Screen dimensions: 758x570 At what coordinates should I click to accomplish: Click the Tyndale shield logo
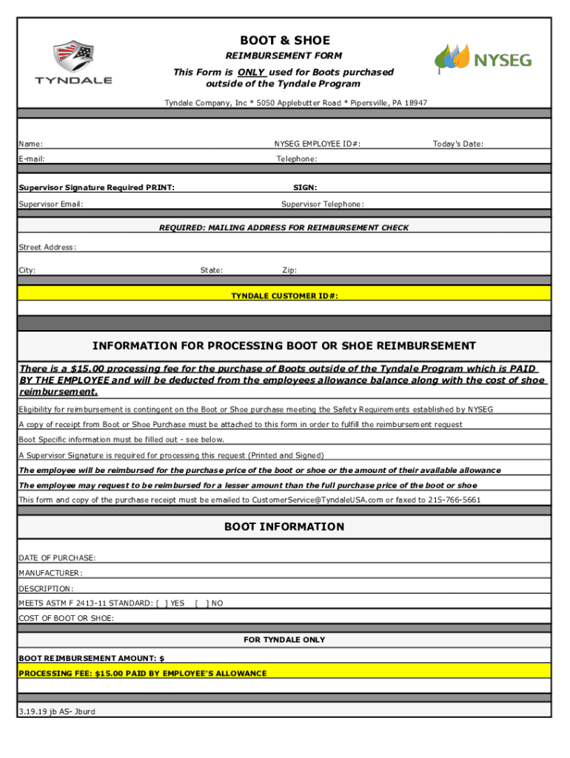pyautogui.click(x=73, y=54)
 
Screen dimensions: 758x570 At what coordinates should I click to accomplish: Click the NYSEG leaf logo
pyautogui.click(x=452, y=58)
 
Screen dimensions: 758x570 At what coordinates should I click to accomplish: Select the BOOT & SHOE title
pyautogui.click(x=284, y=40)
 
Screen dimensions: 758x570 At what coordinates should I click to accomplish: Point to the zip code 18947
pyautogui.click(x=414, y=103)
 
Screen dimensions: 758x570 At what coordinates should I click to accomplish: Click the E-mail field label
pyautogui.click(x=32, y=158)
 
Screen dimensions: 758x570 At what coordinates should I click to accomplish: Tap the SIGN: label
pyautogui.click(x=305, y=187)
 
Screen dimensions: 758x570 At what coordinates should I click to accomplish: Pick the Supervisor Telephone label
pyautogui.click(x=323, y=204)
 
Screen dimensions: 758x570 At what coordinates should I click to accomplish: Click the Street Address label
pyautogui.click(x=47, y=247)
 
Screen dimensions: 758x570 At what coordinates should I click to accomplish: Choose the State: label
pyautogui.click(x=212, y=270)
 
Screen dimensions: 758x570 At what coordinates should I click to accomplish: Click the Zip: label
pyautogui.click(x=289, y=270)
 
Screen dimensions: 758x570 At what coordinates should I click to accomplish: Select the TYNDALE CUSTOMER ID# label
pyautogui.click(x=284, y=295)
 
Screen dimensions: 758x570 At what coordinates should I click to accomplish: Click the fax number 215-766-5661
pyautogui.click(x=454, y=500)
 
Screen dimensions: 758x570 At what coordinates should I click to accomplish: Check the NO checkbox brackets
pyautogui.click(x=201, y=603)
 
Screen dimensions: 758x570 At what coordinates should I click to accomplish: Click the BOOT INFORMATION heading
pyautogui.click(x=284, y=526)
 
